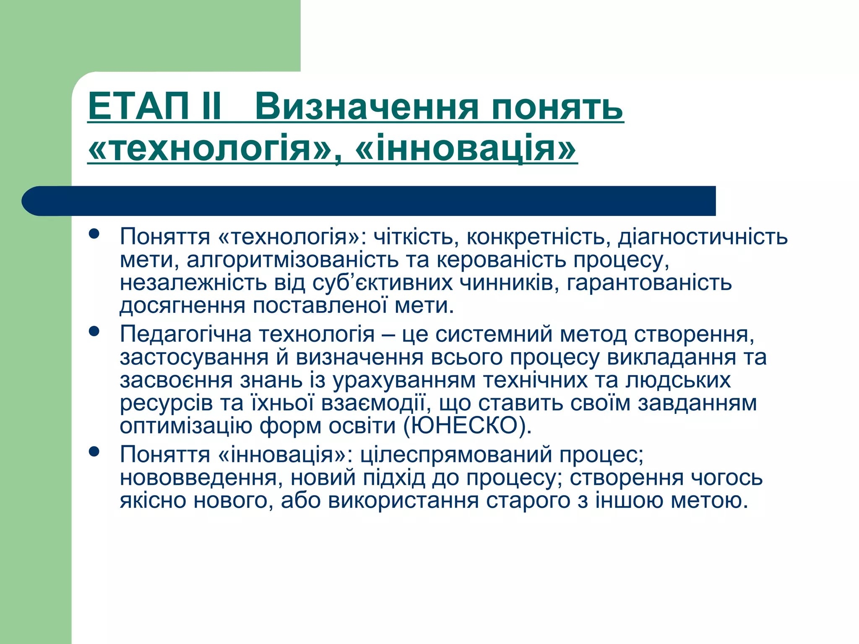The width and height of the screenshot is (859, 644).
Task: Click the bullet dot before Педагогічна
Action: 94,332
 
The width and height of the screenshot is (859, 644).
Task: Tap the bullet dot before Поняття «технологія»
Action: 94,234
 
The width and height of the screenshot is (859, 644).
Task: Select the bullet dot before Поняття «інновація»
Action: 94,452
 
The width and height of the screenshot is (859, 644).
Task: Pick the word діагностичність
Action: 703,237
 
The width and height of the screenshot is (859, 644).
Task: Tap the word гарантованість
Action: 649,283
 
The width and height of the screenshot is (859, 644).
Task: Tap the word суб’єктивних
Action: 383,283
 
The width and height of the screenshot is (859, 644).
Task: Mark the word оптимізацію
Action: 186,426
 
